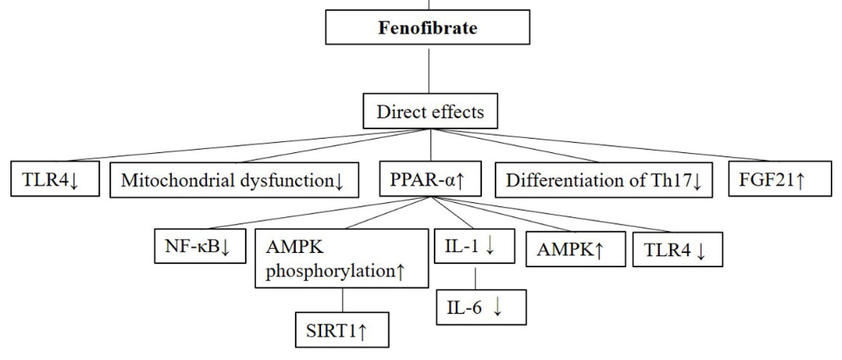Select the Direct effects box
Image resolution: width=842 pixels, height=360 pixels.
[x=429, y=112]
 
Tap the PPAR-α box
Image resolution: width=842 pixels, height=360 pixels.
[x=430, y=180]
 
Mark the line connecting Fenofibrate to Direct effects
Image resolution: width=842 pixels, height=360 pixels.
[x=429, y=70]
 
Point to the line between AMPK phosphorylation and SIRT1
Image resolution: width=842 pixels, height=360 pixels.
[x=343, y=302]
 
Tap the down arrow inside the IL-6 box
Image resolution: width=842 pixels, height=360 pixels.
[x=497, y=308]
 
